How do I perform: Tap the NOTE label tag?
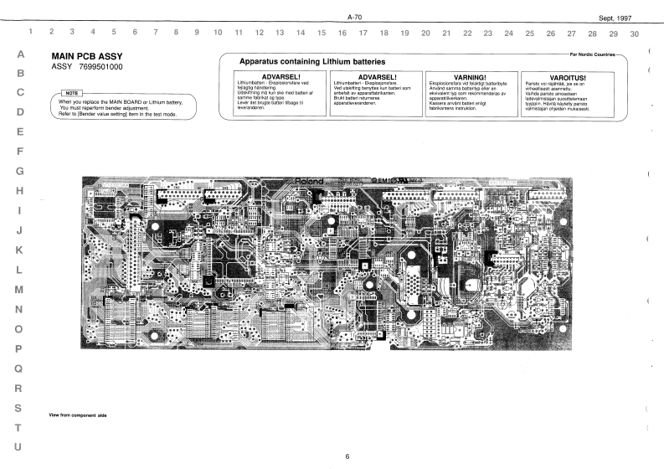click(72, 94)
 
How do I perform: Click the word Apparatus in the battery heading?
click(259, 62)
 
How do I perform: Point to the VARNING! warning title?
click(470, 76)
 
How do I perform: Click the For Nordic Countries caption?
click(591, 54)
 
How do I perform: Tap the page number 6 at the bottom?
click(347, 456)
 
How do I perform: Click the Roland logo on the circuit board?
click(311, 181)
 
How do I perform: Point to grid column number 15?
click(322, 33)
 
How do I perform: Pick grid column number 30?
click(635, 33)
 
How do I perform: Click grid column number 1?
click(31, 33)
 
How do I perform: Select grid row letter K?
click(19, 250)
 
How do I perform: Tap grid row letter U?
click(19, 446)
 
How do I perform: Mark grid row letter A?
click(19, 54)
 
